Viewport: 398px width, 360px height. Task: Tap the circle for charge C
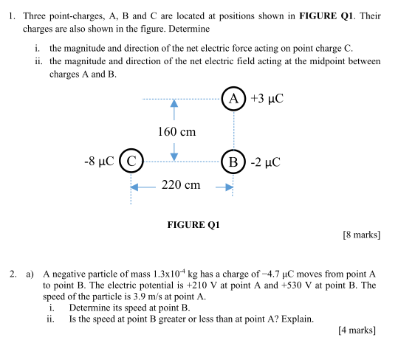(131, 160)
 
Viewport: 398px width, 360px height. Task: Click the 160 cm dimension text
(176, 132)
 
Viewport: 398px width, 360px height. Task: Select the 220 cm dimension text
(181, 184)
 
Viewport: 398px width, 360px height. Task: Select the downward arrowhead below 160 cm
(174, 154)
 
